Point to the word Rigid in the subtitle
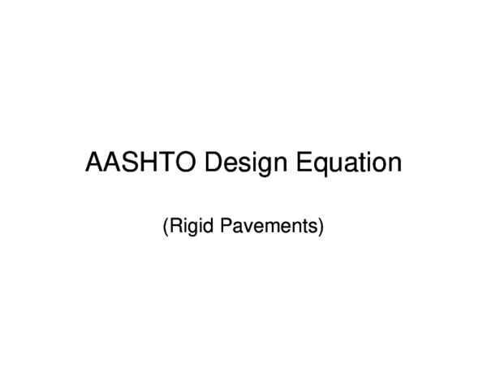pos(186,226)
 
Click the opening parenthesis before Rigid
pos(165,226)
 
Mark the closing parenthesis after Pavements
pos(321,226)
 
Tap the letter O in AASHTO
pos(187,163)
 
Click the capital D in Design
pos(214,163)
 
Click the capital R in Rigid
pos(174,226)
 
